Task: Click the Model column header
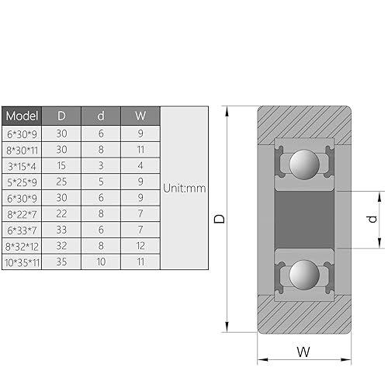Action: coord(22,116)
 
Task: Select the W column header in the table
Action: coord(140,116)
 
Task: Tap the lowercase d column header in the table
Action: coord(101,116)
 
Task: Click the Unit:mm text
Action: coord(184,188)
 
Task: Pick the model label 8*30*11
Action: coord(22,149)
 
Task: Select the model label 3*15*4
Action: coord(22,165)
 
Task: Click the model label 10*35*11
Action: coord(22,263)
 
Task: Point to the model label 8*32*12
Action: coord(22,247)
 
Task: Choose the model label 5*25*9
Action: coord(22,182)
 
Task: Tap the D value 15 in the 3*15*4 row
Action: coord(61,165)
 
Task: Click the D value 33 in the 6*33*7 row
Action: coord(61,230)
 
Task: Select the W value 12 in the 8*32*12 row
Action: coord(140,247)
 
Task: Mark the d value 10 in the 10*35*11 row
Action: coord(101,263)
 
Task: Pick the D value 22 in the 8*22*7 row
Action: coord(61,214)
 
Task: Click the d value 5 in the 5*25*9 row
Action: coord(101,182)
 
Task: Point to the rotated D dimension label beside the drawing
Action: coord(220,220)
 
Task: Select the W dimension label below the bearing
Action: coord(303,352)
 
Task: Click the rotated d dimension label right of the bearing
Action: coord(373,219)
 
